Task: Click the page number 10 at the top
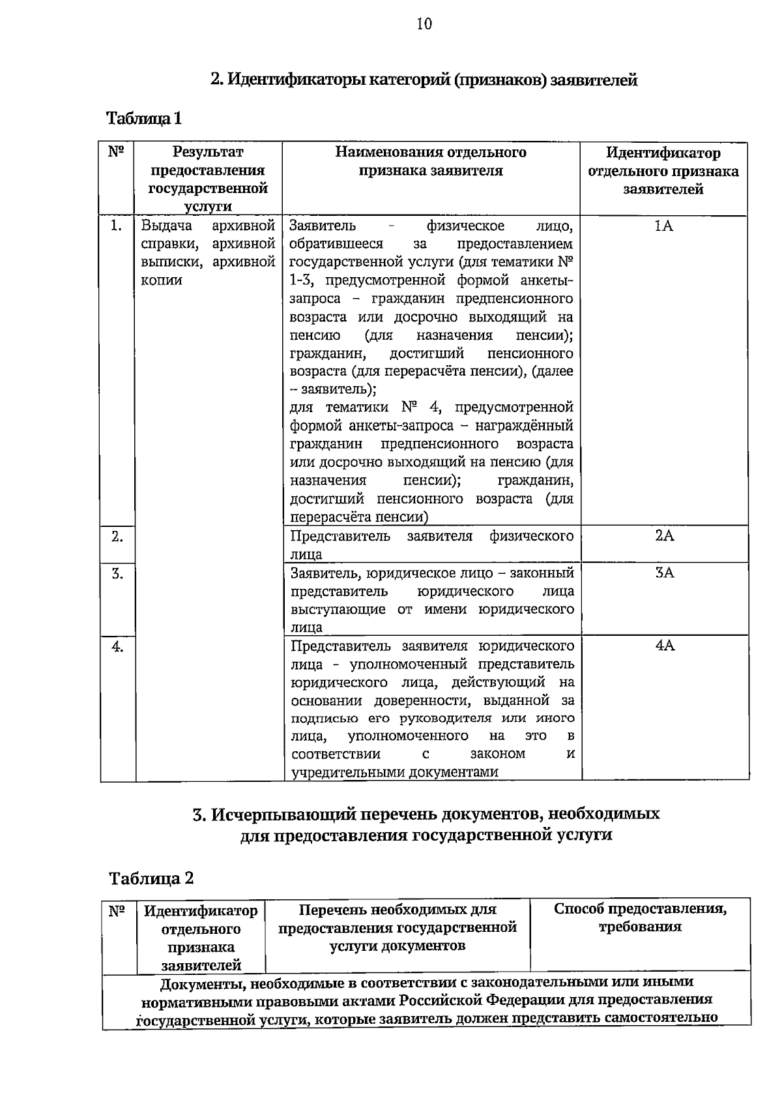[424, 25]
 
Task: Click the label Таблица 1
[144, 119]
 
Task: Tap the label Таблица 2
[151, 878]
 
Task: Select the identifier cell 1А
[663, 226]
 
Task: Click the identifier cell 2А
[665, 536]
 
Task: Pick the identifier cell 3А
[665, 573]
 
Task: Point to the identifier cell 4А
[665, 646]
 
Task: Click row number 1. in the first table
[117, 226]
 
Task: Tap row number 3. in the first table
[117, 574]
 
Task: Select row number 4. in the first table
[117, 646]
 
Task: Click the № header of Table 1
[116, 152]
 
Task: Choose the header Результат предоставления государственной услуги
[208, 179]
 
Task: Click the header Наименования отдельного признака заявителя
[431, 161]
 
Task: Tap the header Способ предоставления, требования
[640, 918]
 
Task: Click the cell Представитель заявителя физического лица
[431, 545]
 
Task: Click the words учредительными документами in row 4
[394, 772]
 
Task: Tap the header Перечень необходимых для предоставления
[398, 927]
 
